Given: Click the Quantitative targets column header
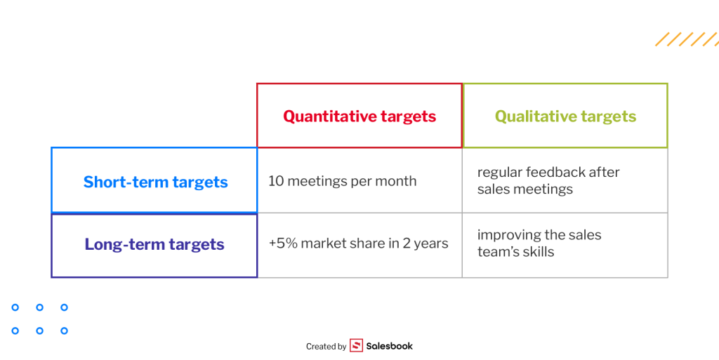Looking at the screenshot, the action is tap(359, 115).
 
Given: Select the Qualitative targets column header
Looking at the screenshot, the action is tap(565, 115).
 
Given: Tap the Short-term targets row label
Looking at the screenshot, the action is tap(154, 180).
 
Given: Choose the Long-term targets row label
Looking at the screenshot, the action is tap(154, 245).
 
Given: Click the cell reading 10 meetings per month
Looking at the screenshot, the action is tap(359, 180).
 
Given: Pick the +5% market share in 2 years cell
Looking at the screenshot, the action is tap(359, 245).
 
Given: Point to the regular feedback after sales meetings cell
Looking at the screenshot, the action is tap(565, 180).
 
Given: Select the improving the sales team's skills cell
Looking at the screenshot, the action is tap(565, 245).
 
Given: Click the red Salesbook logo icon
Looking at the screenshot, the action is tap(356, 345).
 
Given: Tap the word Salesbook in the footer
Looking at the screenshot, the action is tap(389, 346).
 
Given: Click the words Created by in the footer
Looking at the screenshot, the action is tap(326, 347).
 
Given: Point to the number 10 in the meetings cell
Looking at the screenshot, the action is tap(275, 181).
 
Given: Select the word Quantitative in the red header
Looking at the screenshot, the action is tap(323, 116).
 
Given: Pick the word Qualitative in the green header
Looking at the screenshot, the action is tap(529, 116).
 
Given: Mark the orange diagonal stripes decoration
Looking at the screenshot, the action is tap(687, 39).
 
